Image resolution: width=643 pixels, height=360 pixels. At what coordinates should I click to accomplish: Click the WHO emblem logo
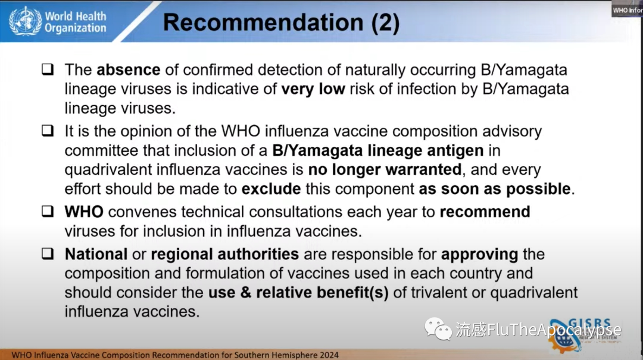click(x=26, y=21)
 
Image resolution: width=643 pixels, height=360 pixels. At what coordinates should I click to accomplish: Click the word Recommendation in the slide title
click(x=263, y=22)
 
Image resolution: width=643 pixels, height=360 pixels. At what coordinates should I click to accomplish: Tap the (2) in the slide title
click(x=385, y=23)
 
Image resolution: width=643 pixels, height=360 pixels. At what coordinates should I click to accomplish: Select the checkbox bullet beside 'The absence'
click(x=48, y=69)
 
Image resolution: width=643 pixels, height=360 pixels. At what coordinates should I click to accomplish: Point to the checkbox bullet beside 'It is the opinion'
click(x=48, y=130)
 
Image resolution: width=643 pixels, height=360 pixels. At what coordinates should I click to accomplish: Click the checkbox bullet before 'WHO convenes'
click(x=48, y=211)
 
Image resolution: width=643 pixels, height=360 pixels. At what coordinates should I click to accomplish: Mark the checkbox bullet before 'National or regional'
click(x=48, y=253)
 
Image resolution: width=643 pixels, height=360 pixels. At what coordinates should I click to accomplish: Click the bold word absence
click(x=129, y=70)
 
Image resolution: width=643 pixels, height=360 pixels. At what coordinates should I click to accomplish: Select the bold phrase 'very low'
click(x=313, y=89)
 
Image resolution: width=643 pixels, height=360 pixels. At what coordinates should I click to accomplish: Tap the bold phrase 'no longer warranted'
click(x=385, y=170)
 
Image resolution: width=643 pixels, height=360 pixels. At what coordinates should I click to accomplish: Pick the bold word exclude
click(x=271, y=189)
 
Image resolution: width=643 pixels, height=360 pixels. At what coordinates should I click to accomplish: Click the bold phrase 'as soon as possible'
click(x=495, y=189)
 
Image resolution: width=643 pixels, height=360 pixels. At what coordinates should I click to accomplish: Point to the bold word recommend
click(x=485, y=212)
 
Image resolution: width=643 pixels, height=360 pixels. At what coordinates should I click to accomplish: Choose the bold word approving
click(x=479, y=255)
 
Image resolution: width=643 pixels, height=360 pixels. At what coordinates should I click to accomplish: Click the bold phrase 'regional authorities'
click(x=224, y=255)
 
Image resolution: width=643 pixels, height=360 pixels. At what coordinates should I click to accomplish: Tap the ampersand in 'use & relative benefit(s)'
click(x=246, y=293)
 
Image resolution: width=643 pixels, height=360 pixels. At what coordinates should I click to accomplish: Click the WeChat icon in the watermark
click(x=438, y=329)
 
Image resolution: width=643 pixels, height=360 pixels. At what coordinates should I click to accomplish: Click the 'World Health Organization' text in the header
click(x=76, y=22)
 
